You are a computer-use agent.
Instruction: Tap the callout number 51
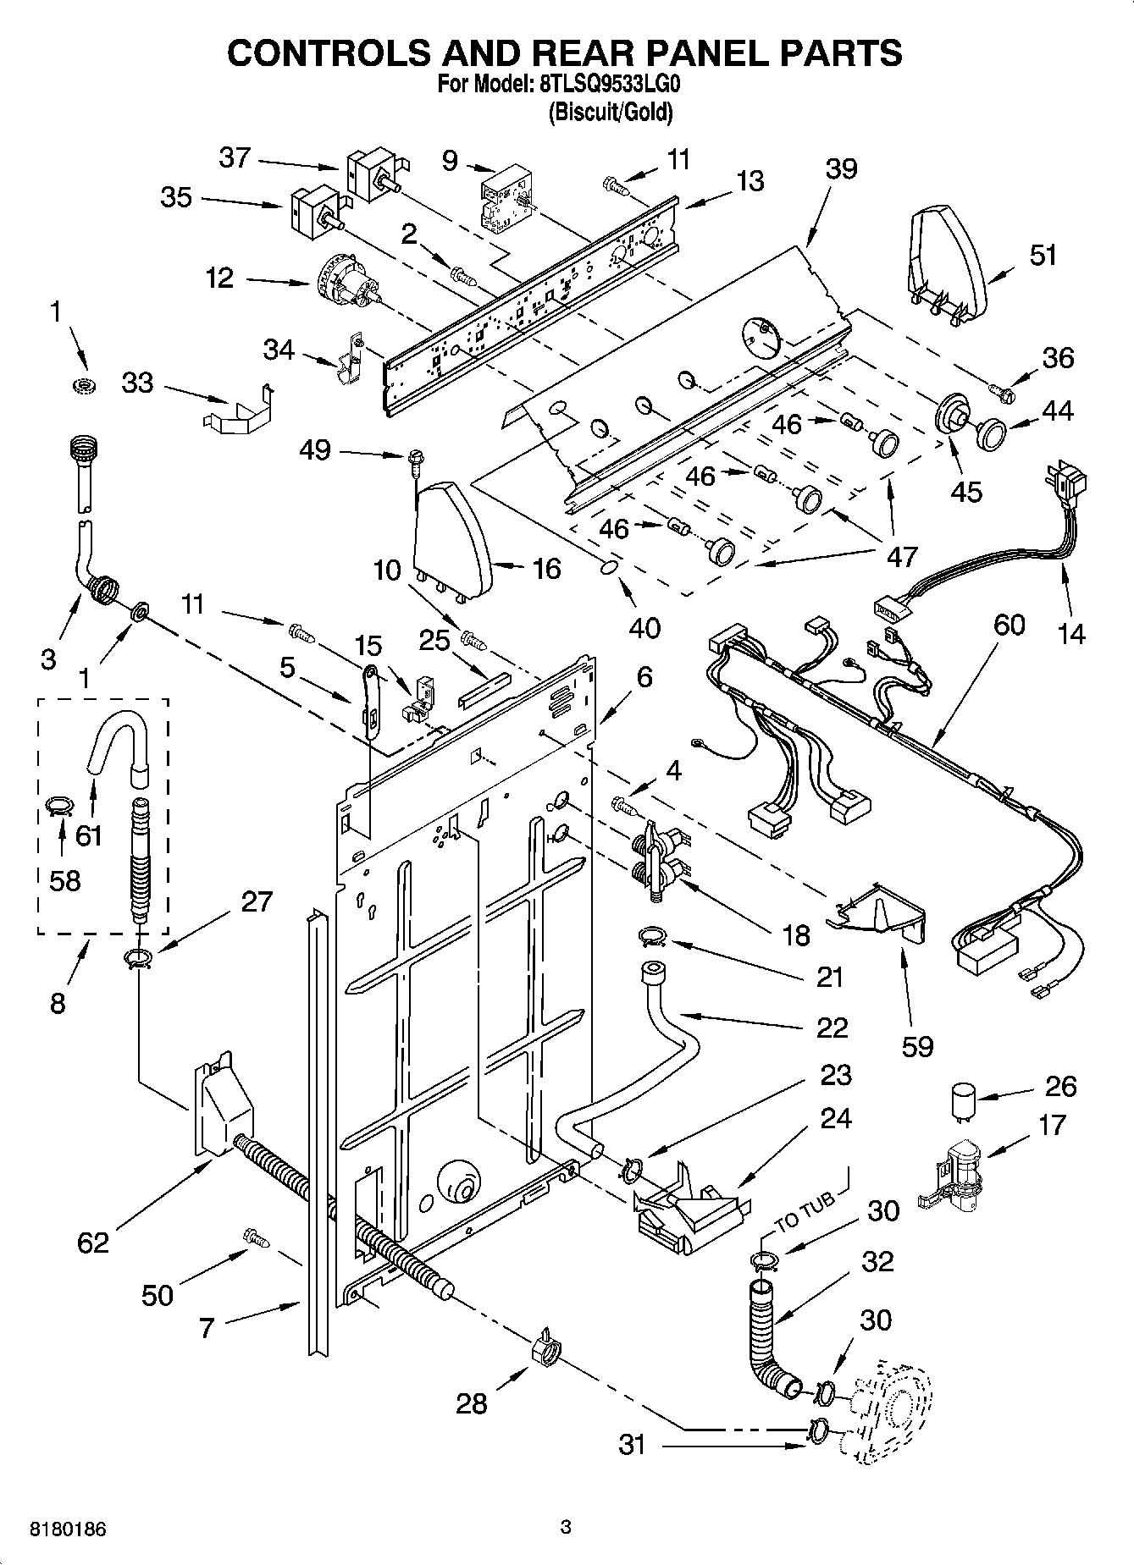(1043, 255)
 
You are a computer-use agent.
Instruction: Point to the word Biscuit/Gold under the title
(610, 112)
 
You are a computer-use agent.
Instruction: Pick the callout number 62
(93, 1243)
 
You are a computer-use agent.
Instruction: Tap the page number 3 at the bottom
(566, 1527)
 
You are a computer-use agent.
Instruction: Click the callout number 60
(1008, 625)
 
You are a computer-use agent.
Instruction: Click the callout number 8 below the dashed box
(58, 1003)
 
